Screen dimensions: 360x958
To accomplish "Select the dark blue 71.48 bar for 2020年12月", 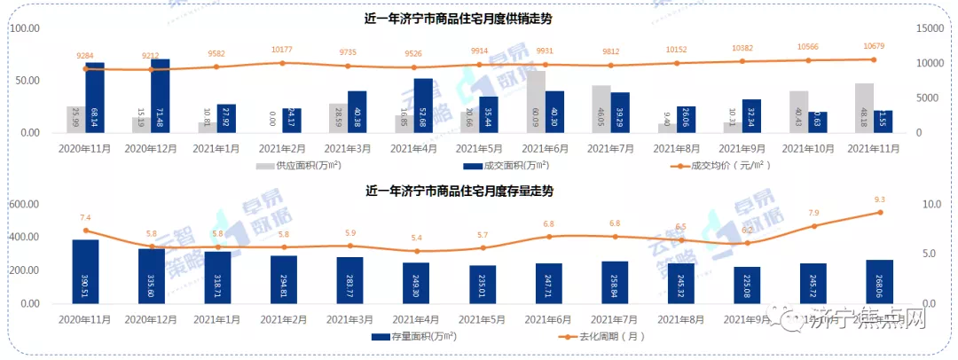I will [x=160, y=97].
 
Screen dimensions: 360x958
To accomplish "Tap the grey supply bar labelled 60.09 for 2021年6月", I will [x=536, y=102].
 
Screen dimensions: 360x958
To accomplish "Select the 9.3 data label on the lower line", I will [x=879, y=200].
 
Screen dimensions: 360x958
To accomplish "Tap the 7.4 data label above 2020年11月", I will [x=86, y=218].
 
